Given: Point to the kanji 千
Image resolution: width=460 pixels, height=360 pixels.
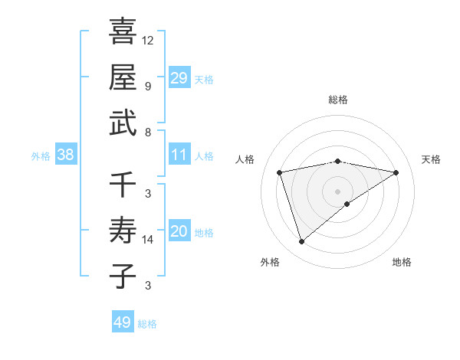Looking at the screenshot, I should tap(123, 184).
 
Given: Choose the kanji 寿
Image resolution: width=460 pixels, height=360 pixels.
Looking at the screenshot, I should tap(123, 230).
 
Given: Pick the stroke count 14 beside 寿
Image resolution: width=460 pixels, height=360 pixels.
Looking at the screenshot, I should tap(148, 239).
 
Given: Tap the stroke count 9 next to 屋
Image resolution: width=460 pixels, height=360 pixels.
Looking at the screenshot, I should tap(148, 86).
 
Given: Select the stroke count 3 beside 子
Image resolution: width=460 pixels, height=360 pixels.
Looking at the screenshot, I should tap(148, 286).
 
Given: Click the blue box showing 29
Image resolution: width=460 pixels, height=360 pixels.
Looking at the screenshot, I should tap(179, 78).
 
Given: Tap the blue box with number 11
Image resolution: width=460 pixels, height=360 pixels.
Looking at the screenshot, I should tap(179, 155).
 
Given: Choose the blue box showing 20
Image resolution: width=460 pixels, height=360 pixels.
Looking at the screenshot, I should tap(179, 232).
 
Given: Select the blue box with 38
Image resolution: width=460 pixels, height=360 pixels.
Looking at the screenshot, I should tap(65, 155).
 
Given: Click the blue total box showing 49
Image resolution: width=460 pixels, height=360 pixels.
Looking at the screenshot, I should tap(123, 322).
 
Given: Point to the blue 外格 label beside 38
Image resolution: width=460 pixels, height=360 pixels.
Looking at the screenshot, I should tap(41, 156).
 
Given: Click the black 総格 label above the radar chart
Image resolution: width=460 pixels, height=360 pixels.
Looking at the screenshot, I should tap(338, 100).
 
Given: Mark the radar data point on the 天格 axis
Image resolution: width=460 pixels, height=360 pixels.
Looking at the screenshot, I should tap(396, 172).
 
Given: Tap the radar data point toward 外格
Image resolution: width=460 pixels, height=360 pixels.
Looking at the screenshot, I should tap(302, 241).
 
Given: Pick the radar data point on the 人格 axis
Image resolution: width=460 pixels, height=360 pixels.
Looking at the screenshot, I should tap(280, 172).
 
